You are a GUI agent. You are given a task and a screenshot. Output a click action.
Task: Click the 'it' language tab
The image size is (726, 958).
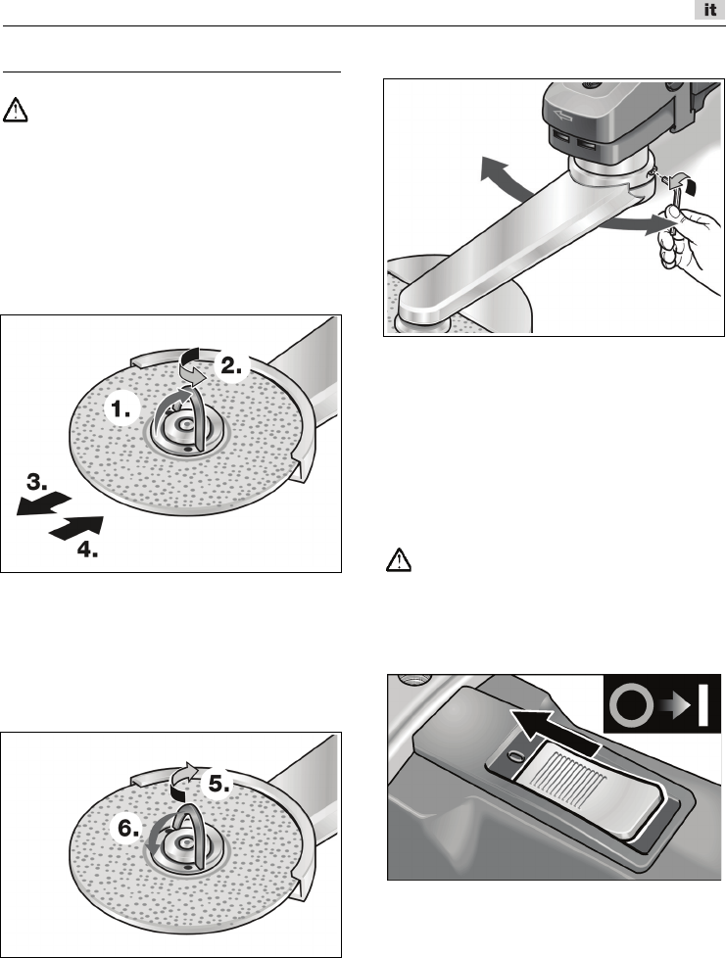(709, 11)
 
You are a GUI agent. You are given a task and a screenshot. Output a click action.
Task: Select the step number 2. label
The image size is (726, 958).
(232, 366)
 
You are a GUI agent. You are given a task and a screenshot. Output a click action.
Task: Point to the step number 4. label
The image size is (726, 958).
(87, 550)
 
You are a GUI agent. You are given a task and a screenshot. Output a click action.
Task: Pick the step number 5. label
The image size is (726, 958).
(219, 784)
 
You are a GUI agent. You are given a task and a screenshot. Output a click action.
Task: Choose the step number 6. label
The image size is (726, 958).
(129, 829)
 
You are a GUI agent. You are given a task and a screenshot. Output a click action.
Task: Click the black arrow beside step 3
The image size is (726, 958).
(43, 503)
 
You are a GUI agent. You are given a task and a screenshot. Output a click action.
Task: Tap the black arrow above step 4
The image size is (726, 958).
(75, 527)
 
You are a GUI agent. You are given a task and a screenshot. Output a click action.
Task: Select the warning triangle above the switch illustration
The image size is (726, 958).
(398, 559)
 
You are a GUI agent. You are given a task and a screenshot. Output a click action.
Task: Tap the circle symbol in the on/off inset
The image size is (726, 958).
(631, 705)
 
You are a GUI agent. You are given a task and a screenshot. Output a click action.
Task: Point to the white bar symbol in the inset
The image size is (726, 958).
(703, 705)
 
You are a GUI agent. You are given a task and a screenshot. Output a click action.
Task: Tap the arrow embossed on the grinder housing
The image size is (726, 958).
(560, 115)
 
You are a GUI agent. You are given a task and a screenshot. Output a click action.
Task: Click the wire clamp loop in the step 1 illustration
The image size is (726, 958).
(182, 417)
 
